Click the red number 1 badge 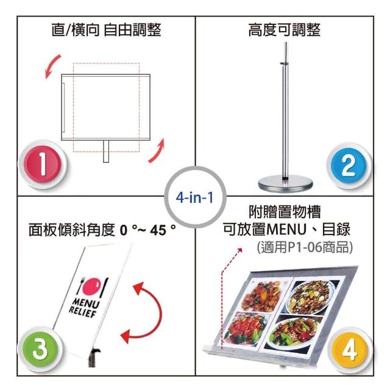(x=43, y=165)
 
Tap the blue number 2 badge (x=349, y=166)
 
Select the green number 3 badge (x=40, y=349)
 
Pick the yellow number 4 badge (x=350, y=350)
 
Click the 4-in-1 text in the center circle (x=195, y=197)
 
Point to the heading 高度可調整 (x=285, y=30)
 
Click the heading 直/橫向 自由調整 (x=107, y=30)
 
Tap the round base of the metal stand (x=285, y=183)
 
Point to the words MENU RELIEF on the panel (x=84, y=308)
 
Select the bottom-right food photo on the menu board (x=294, y=332)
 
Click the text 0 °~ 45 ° (x=147, y=230)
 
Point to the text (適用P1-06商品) (x=305, y=247)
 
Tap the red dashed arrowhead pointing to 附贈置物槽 (x=239, y=250)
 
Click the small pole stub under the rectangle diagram (x=106, y=152)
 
